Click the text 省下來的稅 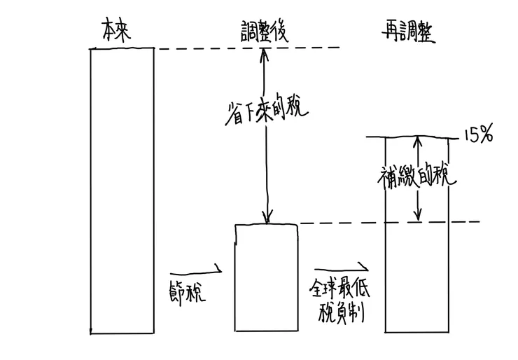(264, 110)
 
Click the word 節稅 (187, 290)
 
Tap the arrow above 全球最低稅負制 (341, 268)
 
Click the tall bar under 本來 (122, 189)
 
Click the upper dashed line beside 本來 (245, 48)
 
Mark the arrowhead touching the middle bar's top (266, 219)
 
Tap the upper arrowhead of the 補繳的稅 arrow (418, 139)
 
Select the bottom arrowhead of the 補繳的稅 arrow (418, 218)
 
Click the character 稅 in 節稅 (197, 290)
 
